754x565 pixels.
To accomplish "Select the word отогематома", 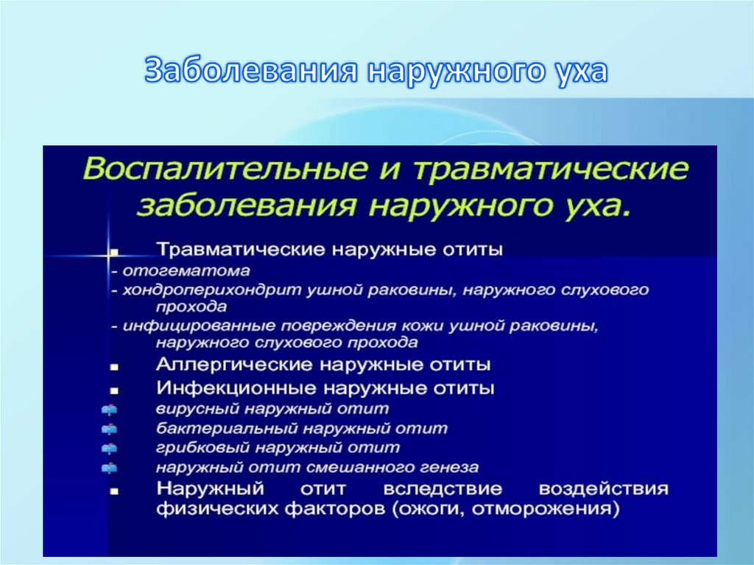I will point(186,271).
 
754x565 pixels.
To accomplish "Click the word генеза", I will point(450,468).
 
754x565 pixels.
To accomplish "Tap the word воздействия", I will point(603,489).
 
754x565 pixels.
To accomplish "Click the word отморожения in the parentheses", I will point(560,509).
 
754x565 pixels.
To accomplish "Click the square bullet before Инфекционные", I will point(114,388).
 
